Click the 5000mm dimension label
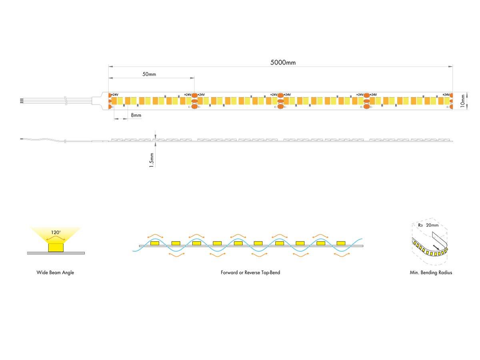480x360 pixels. [283, 62]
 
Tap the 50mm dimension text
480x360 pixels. [149, 74]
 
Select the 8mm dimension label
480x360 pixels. [136, 115]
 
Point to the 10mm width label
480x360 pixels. [462, 101]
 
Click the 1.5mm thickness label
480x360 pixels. [151, 160]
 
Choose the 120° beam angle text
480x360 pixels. [56, 232]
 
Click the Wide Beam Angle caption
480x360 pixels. [55, 272]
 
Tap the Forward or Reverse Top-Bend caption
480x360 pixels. [250, 272]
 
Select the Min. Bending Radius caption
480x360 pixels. [431, 272]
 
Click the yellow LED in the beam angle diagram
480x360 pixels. [56, 247]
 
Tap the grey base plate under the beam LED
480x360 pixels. [56, 253]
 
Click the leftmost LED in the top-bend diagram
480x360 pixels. [155, 243]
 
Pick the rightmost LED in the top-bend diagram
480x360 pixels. [341, 243]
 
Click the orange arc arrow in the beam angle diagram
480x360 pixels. [56, 238]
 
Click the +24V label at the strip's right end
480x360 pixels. [446, 95]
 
